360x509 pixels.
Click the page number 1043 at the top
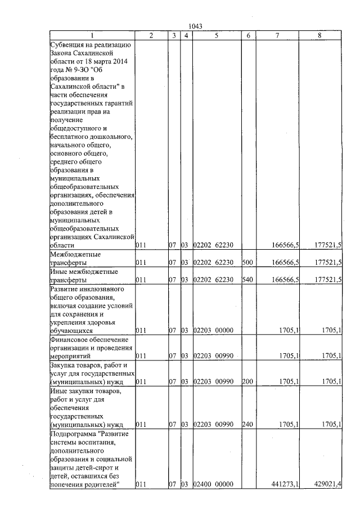coord(196,25)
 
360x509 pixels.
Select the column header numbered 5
coord(216,35)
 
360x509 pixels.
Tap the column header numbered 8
coord(319,35)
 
